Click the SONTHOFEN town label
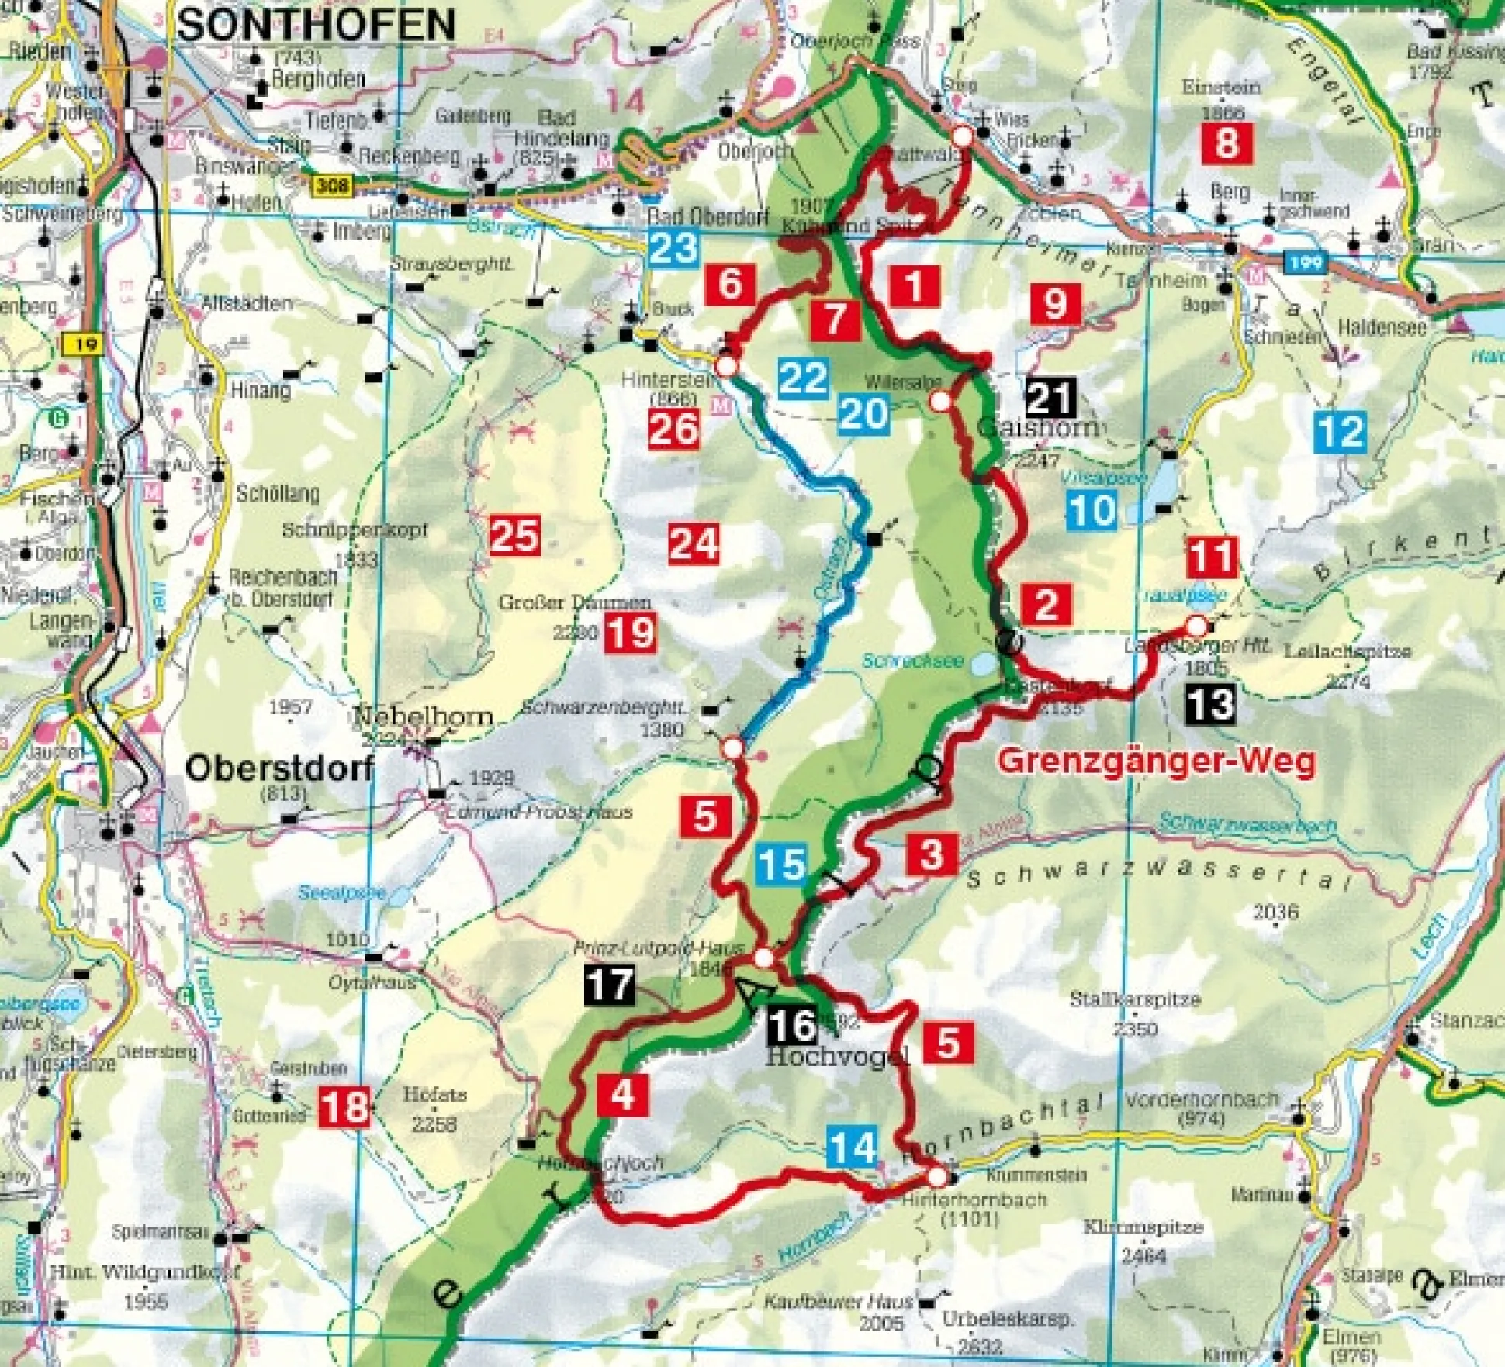coord(317,26)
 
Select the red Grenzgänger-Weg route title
coord(1156,761)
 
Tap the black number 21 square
coord(1050,398)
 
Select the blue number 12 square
coord(1340,431)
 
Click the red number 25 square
coord(514,536)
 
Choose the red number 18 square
coord(344,1106)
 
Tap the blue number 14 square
coord(853,1147)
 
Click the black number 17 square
coord(610,986)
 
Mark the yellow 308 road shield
coord(332,186)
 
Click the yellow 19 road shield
coord(85,343)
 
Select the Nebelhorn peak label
coord(423,716)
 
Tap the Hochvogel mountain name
coord(836,1056)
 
